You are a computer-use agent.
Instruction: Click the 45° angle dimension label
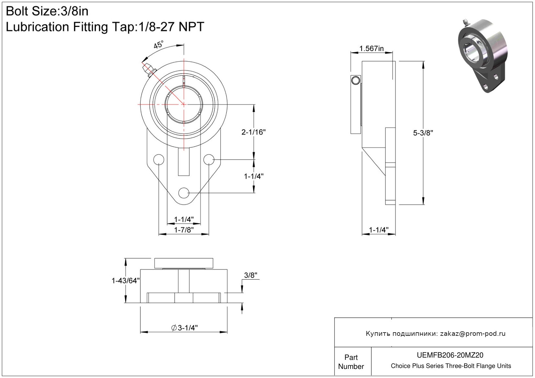158,44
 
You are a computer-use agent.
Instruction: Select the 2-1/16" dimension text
253,132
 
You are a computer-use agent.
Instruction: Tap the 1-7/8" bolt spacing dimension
184,230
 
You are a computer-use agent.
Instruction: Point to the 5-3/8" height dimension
423,133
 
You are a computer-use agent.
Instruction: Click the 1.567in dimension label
371,48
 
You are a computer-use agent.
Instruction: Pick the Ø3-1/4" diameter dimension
185,328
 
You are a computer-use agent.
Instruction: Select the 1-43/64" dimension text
126,281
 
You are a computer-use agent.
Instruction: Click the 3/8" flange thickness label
250,275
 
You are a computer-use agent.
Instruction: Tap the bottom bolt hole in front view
184,193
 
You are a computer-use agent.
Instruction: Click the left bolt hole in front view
159,159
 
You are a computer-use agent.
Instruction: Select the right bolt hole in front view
209,159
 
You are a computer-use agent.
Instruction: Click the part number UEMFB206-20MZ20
450,355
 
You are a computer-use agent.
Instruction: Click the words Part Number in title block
351,362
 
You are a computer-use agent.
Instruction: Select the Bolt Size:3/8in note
47,11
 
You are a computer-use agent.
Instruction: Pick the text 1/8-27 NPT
171,27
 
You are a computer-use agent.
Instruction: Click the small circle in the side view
356,80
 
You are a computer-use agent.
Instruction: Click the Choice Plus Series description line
451,366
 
